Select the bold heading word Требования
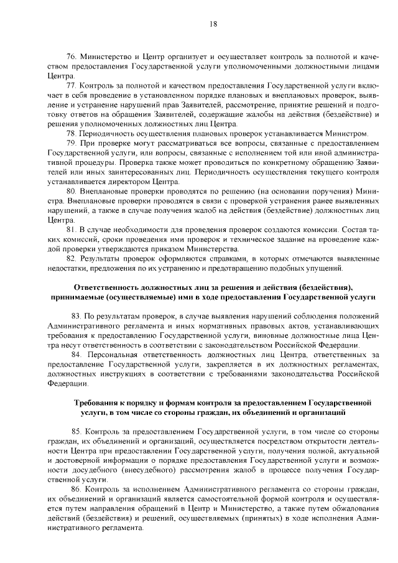coord(98,402)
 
